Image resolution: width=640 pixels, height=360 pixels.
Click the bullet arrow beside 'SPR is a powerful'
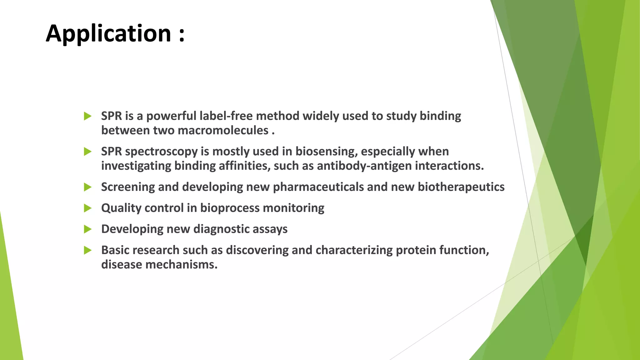[x=87, y=116]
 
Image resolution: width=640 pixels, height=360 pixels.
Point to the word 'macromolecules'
[x=223, y=130]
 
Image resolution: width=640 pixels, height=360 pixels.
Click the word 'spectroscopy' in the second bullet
[x=161, y=152]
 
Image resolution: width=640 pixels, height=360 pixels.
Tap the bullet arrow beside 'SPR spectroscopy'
[x=87, y=152]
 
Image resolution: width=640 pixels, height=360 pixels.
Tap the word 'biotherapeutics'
[x=461, y=187]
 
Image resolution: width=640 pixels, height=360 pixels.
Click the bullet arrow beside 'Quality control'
[x=87, y=208]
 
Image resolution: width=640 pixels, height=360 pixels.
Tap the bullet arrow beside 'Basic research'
[x=87, y=250]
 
